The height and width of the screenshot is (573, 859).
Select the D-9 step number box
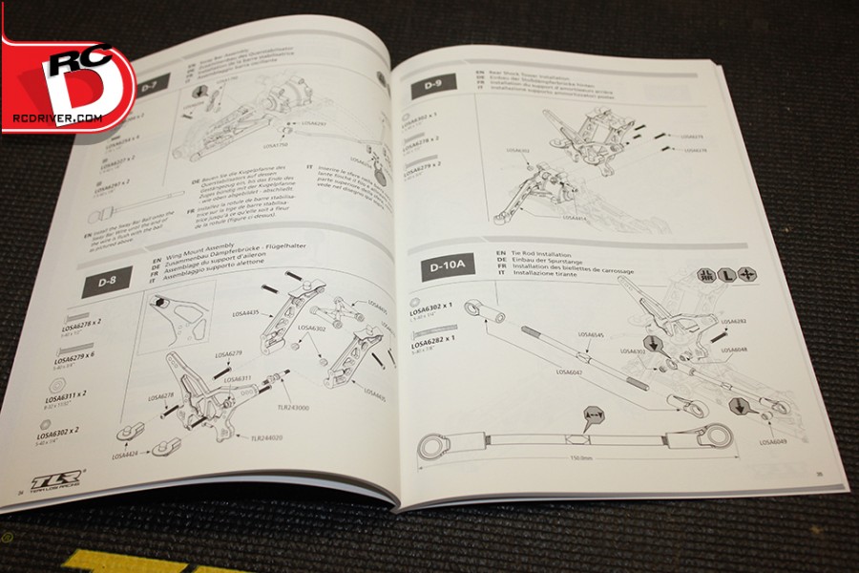[427, 86]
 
